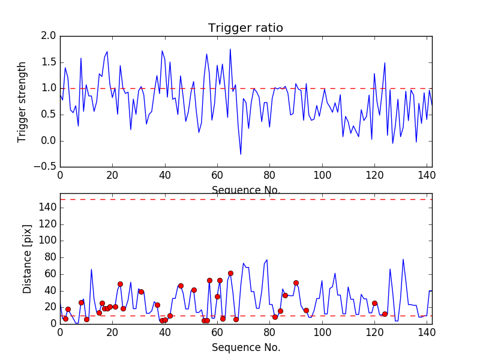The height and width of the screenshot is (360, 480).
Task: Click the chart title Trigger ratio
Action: (x=245, y=28)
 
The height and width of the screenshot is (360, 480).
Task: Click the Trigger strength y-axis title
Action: (x=22, y=101)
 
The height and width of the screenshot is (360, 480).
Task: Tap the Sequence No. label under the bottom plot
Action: (x=246, y=347)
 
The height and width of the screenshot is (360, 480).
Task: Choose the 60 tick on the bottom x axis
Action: (x=217, y=331)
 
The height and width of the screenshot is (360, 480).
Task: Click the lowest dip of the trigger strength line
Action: (x=241, y=154)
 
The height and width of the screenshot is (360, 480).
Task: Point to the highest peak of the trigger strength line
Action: (x=230, y=49)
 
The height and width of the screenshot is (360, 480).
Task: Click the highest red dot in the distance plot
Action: (x=230, y=273)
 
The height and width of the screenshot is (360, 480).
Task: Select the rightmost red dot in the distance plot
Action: (x=385, y=314)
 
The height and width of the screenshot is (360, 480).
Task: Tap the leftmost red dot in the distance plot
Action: (x=65, y=319)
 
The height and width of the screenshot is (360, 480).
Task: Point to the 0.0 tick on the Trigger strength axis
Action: (x=49, y=141)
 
